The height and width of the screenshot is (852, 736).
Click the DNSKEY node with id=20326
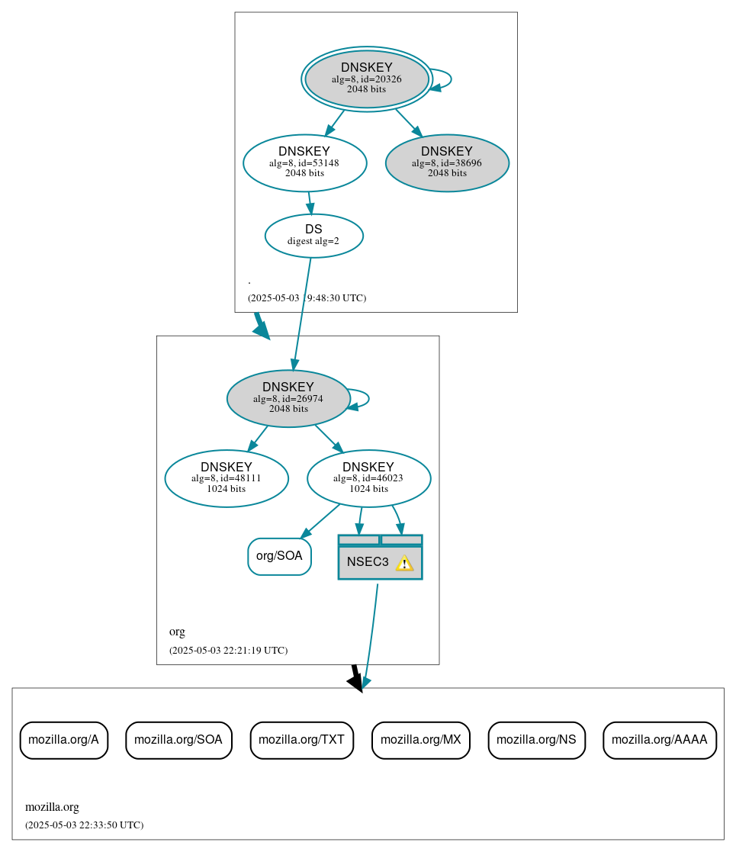click(x=367, y=79)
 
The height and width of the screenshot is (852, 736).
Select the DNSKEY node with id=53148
click(x=304, y=162)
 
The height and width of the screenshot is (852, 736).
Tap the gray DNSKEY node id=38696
click(x=447, y=162)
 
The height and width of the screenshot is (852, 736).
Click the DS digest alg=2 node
click(x=313, y=235)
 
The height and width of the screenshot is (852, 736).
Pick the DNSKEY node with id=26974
click(x=288, y=398)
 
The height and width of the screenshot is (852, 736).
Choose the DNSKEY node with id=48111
click(x=227, y=478)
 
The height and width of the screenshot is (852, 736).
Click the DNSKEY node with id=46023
click(x=368, y=478)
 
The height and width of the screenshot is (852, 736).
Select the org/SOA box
click(x=279, y=556)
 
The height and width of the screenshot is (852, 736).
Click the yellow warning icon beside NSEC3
click(x=404, y=563)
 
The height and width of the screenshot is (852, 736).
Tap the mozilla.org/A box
click(x=63, y=740)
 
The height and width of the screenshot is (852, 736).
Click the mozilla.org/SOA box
click(x=178, y=740)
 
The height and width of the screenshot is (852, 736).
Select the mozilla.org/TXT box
click(x=301, y=740)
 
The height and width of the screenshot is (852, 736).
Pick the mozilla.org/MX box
click(x=420, y=740)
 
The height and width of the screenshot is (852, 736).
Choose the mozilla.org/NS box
click(x=536, y=740)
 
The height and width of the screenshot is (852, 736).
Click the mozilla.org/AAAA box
click(x=659, y=740)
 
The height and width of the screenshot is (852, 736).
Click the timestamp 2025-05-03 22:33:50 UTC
click(x=84, y=825)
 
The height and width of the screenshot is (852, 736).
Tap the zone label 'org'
click(x=177, y=632)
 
